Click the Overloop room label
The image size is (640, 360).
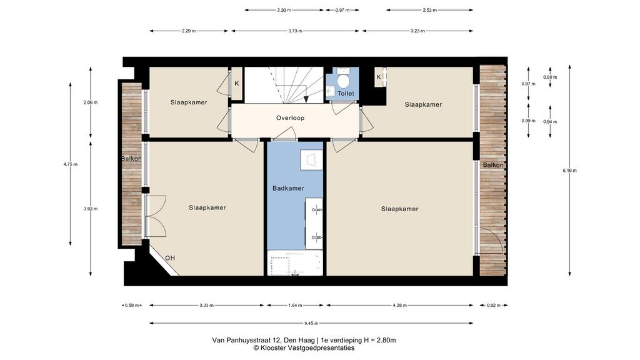pos(290,118)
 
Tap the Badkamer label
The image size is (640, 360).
pos(288,188)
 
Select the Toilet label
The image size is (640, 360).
pos(346,94)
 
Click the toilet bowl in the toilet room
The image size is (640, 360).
pos(343,81)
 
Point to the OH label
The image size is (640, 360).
pos(170,258)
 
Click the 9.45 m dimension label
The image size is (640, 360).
pos(311,323)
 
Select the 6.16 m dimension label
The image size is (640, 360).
pos(569,171)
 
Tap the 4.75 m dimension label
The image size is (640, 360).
pos(70,164)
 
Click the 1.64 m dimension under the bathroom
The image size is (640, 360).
pos(295,305)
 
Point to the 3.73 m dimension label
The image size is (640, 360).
pos(295,31)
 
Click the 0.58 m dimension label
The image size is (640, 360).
pos(132,305)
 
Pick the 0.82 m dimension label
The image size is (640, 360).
pos(494,305)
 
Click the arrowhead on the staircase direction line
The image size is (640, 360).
pos(306,99)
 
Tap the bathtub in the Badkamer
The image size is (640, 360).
pos(295,263)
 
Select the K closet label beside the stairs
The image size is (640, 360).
pos(237,84)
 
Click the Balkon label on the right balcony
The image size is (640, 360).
pos(493,165)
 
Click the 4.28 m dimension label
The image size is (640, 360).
pos(399,305)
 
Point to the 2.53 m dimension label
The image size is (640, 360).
pos(430,10)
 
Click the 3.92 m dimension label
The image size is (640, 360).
pos(91,209)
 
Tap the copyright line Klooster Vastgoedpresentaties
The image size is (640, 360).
pos(304,348)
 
